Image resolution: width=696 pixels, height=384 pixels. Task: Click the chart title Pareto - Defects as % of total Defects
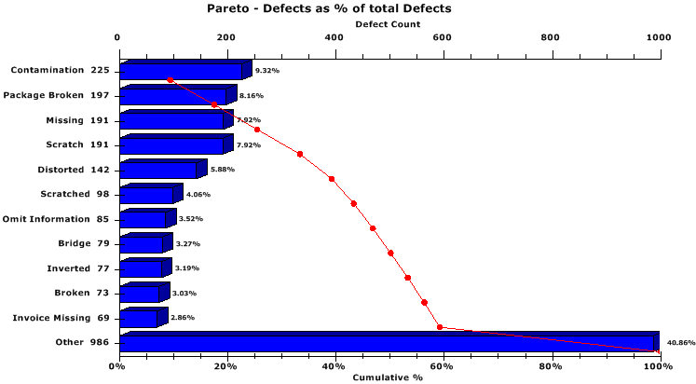pyautogui.click(x=329, y=8)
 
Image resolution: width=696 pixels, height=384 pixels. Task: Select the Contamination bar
pyautogui.click(x=182, y=72)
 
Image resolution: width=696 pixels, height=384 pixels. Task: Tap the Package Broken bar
pyautogui.click(x=173, y=96)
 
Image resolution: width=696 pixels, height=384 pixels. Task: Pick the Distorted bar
pyautogui.click(x=158, y=170)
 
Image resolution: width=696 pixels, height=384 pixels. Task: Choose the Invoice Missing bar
pyautogui.click(x=139, y=319)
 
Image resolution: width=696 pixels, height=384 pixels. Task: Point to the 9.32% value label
pyautogui.click(x=267, y=70)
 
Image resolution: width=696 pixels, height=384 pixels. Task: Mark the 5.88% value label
pyautogui.click(x=223, y=170)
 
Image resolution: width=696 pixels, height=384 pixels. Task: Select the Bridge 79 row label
pyautogui.click(x=84, y=244)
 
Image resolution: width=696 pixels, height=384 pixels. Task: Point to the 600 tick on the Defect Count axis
pyautogui.click(x=551, y=37)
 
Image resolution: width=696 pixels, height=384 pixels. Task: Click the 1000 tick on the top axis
pyautogui.click(x=658, y=37)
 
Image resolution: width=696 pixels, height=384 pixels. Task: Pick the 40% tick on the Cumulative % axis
pyautogui.click(x=334, y=365)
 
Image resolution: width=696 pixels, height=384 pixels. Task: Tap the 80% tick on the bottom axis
pyautogui.click(x=552, y=365)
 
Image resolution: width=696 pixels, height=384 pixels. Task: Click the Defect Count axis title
pyautogui.click(x=388, y=23)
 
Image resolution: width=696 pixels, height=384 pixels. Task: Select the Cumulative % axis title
pyautogui.click(x=388, y=377)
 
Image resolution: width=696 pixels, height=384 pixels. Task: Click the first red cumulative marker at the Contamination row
pyautogui.click(x=170, y=80)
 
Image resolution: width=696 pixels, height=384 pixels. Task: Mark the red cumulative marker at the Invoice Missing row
pyautogui.click(x=440, y=327)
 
